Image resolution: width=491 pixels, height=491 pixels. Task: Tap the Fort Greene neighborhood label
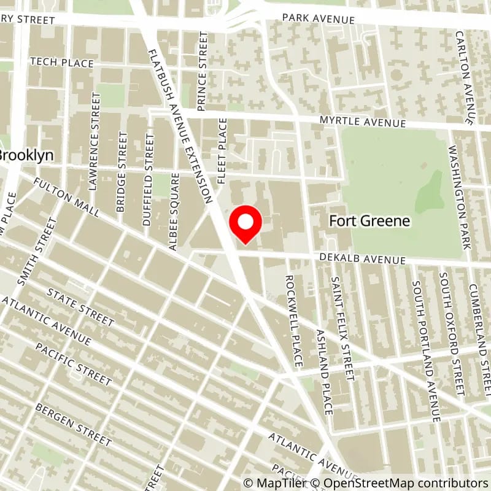point(369,221)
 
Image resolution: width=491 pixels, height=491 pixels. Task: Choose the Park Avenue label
point(318,18)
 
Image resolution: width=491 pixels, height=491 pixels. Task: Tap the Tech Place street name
point(61,63)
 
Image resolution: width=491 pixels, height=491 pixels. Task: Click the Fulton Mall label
point(67,198)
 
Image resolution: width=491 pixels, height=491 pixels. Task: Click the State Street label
point(80,307)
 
